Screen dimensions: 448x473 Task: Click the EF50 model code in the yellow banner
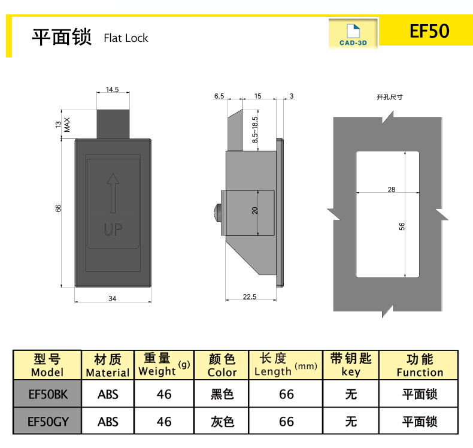[x=429, y=31]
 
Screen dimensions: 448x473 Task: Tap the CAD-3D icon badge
[x=353, y=34]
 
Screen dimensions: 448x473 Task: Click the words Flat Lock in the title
[x=126, y=38]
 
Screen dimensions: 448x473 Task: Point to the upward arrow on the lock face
[x=112, y=192]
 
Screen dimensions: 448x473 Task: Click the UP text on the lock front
[x=113, y=229]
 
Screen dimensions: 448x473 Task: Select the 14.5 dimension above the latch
[x=113, y=90]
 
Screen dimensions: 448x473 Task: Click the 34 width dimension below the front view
[x=113, y=299]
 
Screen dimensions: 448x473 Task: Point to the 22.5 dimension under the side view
[x=250, y=296]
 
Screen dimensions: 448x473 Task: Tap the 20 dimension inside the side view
[x=254, y=211]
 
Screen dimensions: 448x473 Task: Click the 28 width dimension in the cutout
[x=391, y=189]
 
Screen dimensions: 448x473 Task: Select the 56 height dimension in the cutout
[x=402, y=226]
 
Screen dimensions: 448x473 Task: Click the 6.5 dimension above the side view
[x=219, y=96]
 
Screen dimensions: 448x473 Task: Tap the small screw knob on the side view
[x=217, y=211]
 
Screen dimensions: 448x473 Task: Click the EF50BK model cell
[x=47, y=394]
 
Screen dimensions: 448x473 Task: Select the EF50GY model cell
[x=47, y=422]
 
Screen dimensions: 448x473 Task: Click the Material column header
[x=108, y=365]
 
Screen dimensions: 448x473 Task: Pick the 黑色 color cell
[x=222, y=394]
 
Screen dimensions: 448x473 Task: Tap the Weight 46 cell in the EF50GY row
[x=163, y=422]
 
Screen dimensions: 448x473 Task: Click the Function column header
[x=419, y=365]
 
